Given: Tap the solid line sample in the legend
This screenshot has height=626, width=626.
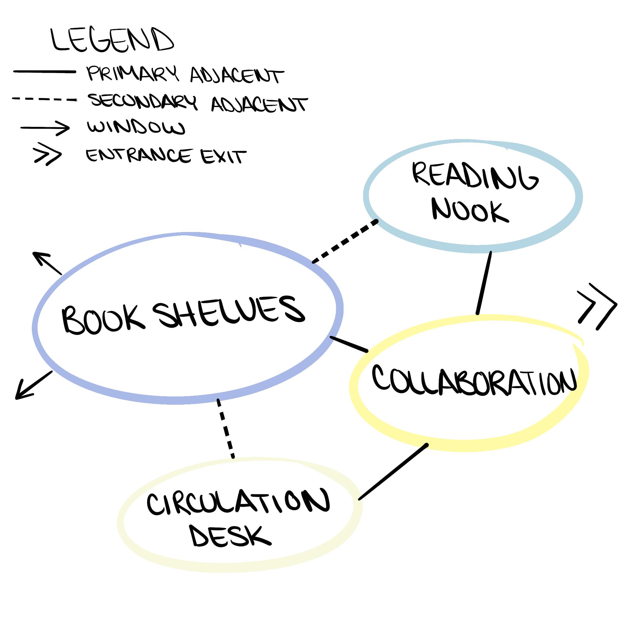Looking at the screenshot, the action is point(44,72).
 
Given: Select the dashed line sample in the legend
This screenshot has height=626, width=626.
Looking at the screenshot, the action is point(44,99).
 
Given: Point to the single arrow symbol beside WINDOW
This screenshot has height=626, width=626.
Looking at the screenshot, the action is point(45,128).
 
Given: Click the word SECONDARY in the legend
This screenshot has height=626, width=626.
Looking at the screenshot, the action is point(143,101).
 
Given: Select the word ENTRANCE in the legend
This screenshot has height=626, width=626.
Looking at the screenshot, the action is point(138,156).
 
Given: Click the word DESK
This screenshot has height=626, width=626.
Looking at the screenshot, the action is point(230,539).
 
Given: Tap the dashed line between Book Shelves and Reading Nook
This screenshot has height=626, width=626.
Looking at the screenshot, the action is point(345,241).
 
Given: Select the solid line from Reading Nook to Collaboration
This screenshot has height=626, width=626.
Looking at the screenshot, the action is point(484,282).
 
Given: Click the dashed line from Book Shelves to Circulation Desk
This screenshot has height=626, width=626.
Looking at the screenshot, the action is point(226,428).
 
